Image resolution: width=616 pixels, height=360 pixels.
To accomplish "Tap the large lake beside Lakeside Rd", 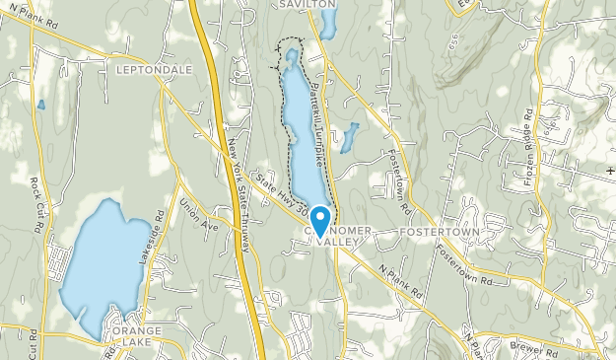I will click(105, 261).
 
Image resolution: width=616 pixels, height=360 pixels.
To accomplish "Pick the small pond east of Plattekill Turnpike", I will click(349, 137).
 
